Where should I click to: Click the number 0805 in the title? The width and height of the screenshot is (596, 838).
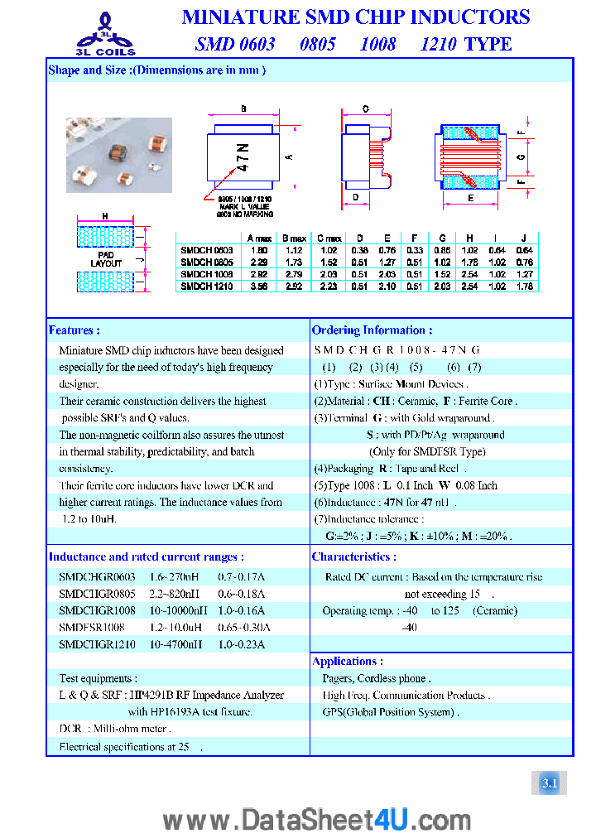(x=317, y=44)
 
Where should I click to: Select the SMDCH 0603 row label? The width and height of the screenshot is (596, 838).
(x=207, y=249)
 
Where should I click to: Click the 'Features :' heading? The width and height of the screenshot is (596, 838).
(x=74, y=330)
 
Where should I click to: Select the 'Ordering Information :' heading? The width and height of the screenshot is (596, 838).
(x=372, y=330)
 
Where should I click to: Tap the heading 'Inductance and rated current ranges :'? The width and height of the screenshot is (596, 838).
(x=146, y=557)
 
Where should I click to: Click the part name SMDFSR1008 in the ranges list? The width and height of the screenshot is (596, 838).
(x=91, y=628)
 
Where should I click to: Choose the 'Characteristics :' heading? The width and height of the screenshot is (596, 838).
(x=353, y=557)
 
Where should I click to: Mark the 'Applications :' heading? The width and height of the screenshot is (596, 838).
(x=347, y=662)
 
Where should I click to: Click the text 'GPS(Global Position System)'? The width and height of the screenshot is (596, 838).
(x=389, y=712)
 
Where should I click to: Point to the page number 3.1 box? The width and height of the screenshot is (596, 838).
(x=550, y=783)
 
